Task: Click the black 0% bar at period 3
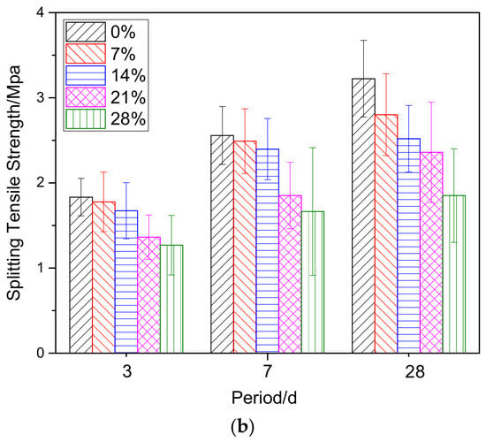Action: pyautogui.click(x=81, y=275)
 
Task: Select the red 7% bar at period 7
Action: pyautogui.click(x=245, y=247)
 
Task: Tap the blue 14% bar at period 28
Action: pyautogui.click(x=409, y=246)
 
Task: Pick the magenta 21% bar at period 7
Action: pyautogui.click(x=291, y=274)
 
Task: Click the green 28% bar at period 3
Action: pyautogui.click(x=171, y=299)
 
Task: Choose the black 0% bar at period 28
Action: pyautogui.click(x=363, y=216)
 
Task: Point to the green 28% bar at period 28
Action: pyautogui.click(x=454, y=274)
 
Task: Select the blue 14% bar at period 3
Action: pyautogui.click(x=126, y=282)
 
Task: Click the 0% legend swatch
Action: pyautogui.click(x=86, y=32)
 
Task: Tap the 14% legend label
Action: pyautogui.click(x=128, y=75)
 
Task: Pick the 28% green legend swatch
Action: pyautogui.click(x=86, y=118)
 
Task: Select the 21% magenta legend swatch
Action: pyautogui.click(x=86, y=97)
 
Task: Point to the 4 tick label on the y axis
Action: pyautogui.click(x=41, y=12)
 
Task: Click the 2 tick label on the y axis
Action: pyautogui.click(x=41, y=183)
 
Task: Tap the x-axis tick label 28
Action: pyautogui.click(x=414, y=371)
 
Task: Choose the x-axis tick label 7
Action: pyautogui.click(x=268, y=371)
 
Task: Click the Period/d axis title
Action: pyautogui.click(x=264, y=398)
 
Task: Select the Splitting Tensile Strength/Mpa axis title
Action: pyautogui.click(x=14, y=183)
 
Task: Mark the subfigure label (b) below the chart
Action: pyautogui.click(x=243, y=427)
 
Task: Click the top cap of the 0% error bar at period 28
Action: pyautogui.click(x=363, y=41)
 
